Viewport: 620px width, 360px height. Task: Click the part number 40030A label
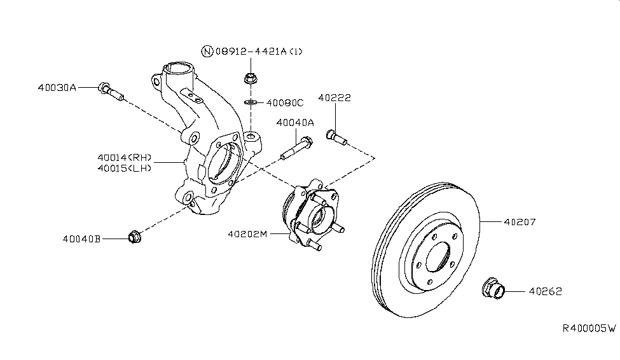[x=57, y=88]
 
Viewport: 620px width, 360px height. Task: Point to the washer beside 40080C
[x=251, y=102]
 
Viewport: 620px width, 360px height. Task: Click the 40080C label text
[x=285, y=102]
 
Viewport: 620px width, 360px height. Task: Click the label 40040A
[x=295, y=123]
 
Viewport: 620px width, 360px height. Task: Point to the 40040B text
[x=83, y=239]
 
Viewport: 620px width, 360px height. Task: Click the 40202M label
[x=247, y=233]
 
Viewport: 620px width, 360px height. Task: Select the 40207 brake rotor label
[x=520, y=223]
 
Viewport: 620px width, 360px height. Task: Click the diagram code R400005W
[x=589, y=328]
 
